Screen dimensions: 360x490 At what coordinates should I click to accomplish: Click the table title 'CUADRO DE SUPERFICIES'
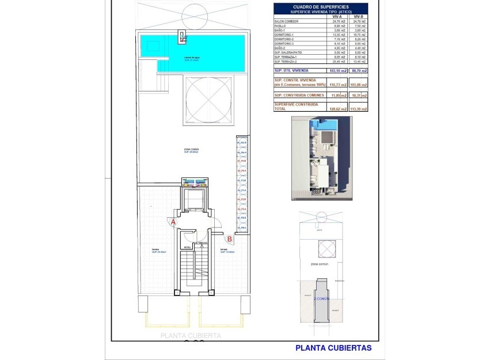tap(320, 7)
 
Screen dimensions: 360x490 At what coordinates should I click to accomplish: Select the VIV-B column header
tap(359, 17)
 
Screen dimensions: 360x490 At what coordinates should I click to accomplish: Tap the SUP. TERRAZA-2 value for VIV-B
tap(359, 61)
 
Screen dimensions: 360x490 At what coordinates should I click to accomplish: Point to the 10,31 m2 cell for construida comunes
tap(359, 95)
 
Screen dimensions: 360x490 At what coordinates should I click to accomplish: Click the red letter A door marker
tap(173, 221)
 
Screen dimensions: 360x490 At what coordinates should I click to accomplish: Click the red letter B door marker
tap(229, 238)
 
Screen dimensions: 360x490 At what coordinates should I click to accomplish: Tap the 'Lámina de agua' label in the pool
tap(192, 58)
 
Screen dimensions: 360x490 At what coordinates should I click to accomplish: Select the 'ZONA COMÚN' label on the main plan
tap(191, 149)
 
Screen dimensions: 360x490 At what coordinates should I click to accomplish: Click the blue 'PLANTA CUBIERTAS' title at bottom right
tap(333, 348)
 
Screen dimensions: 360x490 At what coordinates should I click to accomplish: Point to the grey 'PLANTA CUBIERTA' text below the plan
tap(191, 335)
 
